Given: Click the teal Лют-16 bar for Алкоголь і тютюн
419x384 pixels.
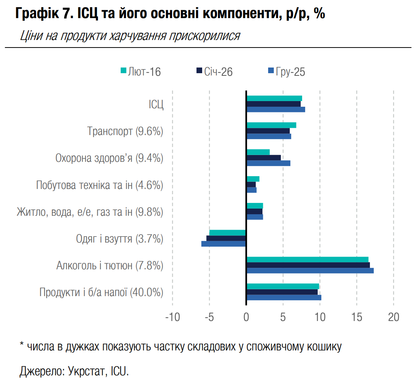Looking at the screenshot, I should [307, 259].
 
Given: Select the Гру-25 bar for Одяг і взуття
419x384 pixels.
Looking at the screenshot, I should [224, 244].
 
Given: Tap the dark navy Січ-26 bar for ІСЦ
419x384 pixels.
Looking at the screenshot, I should [274, 104].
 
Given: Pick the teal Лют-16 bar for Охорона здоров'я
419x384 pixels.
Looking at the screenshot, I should [258, 152].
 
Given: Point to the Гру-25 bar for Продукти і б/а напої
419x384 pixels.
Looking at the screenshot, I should [284, 298].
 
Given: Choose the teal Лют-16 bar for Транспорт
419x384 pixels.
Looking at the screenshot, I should [272, 125].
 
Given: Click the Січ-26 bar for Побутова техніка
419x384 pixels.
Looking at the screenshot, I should [251, 184].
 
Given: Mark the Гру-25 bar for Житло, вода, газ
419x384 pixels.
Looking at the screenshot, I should [255, 217].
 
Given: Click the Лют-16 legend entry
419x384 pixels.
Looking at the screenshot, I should [141, 71].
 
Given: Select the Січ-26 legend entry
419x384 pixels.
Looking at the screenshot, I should [214, 71].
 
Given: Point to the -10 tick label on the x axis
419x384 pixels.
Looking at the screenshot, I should [172, 317].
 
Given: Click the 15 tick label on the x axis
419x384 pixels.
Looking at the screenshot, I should [357, 317].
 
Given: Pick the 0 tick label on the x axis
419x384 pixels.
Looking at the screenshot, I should [246, 317].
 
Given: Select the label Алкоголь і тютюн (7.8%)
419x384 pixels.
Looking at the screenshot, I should [110, 266].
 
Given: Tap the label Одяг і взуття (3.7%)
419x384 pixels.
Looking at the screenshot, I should [120, 239].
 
